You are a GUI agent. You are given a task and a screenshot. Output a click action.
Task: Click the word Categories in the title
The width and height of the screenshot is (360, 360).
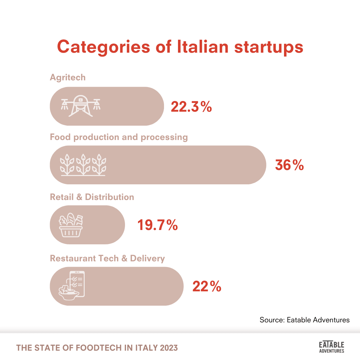point(103,47)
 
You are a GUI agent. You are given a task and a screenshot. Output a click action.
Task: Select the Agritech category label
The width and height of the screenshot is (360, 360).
point(68,77)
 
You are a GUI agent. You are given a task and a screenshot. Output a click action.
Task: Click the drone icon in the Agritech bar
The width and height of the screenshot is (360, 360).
point(80,106)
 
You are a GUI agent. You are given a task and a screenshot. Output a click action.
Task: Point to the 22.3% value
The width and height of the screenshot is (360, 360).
point(191,107)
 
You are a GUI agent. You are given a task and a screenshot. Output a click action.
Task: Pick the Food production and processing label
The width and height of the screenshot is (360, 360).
point(119,137)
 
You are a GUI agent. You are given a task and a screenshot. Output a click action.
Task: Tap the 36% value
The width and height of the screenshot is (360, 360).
point(289,165)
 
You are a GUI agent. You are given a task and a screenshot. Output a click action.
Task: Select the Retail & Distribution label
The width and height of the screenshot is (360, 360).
point(92,197)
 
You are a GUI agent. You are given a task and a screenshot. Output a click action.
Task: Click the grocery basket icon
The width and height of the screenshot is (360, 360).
point(71,225)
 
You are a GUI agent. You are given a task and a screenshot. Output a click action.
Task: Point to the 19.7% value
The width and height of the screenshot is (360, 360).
point(158,226)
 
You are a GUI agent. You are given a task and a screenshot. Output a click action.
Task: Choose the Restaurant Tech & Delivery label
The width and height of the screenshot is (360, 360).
point(107,258)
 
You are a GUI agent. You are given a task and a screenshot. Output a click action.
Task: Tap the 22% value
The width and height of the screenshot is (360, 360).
point(207,286)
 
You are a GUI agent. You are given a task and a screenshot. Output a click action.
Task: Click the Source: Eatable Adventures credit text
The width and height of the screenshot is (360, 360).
point(304,320)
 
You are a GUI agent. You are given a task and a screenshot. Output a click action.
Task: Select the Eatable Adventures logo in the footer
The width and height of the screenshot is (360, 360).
point(331,347)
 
